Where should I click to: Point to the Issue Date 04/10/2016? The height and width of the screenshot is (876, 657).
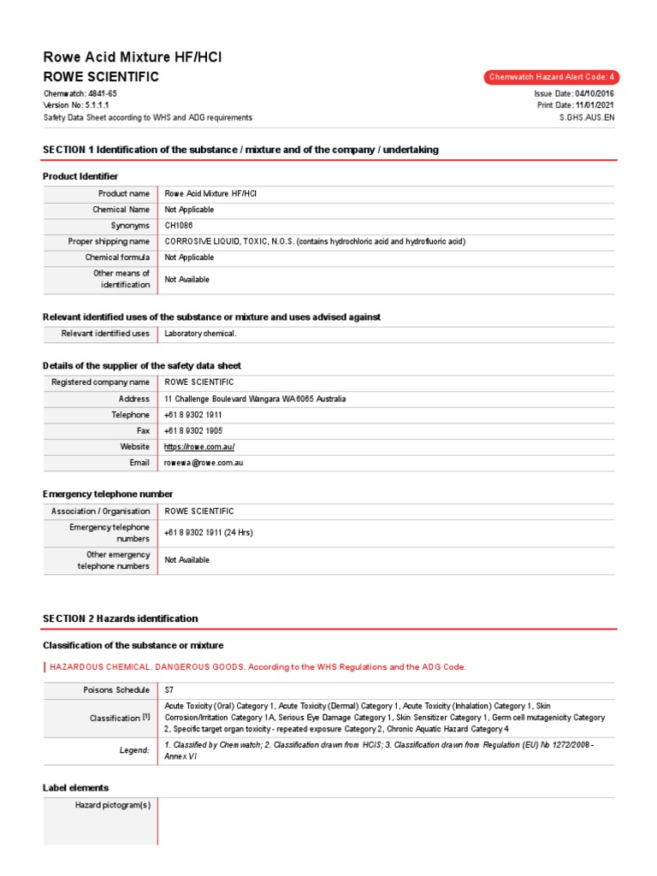(573, 93)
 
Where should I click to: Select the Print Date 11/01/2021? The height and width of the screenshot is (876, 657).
(575, 105)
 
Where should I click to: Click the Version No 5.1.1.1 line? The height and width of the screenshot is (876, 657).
(76, 105)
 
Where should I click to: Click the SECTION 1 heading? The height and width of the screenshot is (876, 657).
(240, 150)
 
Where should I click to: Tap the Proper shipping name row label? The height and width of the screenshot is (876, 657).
(109, 242)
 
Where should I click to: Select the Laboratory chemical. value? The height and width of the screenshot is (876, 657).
(200, 334)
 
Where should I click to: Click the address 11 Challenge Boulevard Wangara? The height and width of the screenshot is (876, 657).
(255, 399)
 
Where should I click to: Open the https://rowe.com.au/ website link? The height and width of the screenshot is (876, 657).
(199, 447)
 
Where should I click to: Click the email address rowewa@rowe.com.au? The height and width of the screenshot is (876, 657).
(204, 463)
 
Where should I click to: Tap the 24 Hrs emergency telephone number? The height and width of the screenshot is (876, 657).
(209, 533)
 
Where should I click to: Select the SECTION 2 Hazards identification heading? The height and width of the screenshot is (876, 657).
(120, 619)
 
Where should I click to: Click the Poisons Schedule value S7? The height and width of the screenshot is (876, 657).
(169, 690)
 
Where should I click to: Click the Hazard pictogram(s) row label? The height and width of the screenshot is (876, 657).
(113, 805)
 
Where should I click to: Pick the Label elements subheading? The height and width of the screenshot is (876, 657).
(75, 787)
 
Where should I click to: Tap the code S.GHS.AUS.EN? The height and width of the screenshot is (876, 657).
(586, 117)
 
